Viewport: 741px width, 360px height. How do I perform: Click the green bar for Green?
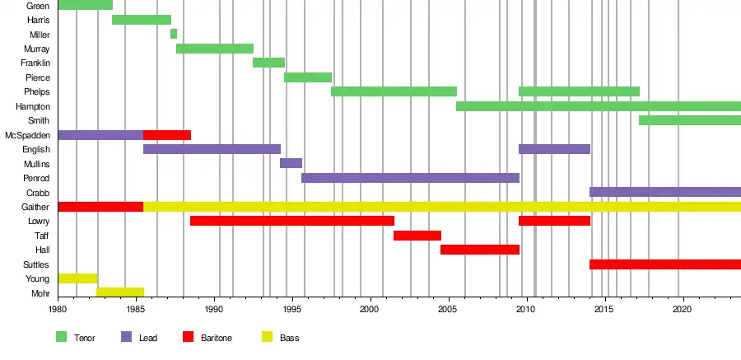tap(85, 5)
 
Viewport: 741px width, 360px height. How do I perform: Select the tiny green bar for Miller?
tap(174, 34)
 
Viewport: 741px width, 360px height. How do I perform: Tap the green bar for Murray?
tap(215, 49)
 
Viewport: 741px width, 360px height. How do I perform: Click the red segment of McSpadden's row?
tap(167, 135)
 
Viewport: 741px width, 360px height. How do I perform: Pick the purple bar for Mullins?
tap(291, 163)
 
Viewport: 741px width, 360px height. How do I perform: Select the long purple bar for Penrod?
tap(410, 178)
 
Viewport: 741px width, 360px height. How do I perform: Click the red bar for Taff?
tap(417, 236)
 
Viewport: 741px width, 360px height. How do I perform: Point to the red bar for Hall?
tap(480, 250)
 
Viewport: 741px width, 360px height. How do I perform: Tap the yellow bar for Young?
tap(77, 278)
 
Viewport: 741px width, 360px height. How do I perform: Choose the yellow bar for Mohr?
tap(120, 292)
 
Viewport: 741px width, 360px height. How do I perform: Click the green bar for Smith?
tap(690, 120)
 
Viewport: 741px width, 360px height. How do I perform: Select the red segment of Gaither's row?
tap(100, 207)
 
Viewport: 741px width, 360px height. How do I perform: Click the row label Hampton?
tap(33, 106)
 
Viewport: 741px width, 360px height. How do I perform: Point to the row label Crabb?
tap(38, 193)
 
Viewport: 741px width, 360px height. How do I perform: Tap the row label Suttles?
tap(36, 264)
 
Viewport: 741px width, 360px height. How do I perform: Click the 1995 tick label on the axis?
tap(292, 309)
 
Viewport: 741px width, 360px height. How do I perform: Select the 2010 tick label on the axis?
tap(526, 309)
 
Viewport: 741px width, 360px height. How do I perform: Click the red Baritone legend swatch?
tap(188, 337)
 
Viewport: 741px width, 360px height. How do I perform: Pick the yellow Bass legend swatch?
tap(268, 337)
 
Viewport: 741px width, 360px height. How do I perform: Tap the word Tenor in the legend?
tap(85, 338)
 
